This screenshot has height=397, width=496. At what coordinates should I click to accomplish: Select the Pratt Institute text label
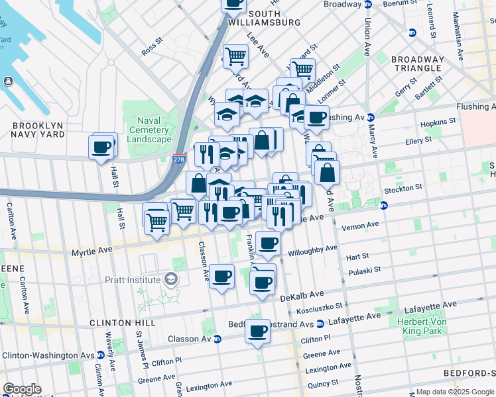pyautogui.click(x=133, y=280)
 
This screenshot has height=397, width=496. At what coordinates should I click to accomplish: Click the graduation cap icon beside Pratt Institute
pyautogui.click(x=172, y=279)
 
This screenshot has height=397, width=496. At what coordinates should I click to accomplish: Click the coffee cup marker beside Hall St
pyautogui.click(x=102, y=146)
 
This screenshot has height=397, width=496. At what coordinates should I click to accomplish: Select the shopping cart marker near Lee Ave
pyautogui.click(x=235, y=57)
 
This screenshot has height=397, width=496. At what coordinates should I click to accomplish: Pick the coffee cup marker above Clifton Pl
pyautogui.click(x=257, y=331)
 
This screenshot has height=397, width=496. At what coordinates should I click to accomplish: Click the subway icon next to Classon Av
pyautogui.click(x=216, y=339)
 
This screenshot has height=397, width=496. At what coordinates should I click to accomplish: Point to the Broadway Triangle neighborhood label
pyautogui.click(x=418, y=64)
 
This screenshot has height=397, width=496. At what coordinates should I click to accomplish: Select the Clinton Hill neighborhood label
pyautogui.click(x=122, y=322)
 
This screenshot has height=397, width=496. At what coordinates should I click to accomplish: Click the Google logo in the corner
pyautogui.click(x=22, y=389)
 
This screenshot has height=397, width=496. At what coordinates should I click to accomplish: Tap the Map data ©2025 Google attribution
pyautogui.click(x=455, y=392)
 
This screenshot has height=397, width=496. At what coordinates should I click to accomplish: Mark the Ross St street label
pyautogui.click(x=152, y=49)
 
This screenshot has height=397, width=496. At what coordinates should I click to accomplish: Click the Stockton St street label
pyautogui.click(x=401, y=188)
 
